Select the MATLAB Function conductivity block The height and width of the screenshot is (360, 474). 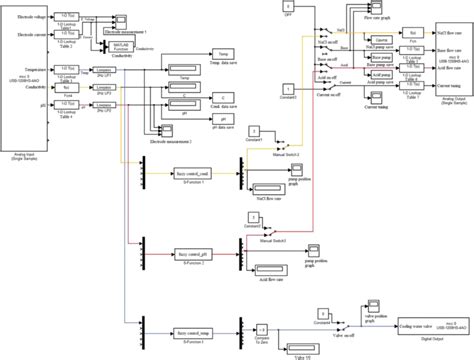(x=123, y=46)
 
